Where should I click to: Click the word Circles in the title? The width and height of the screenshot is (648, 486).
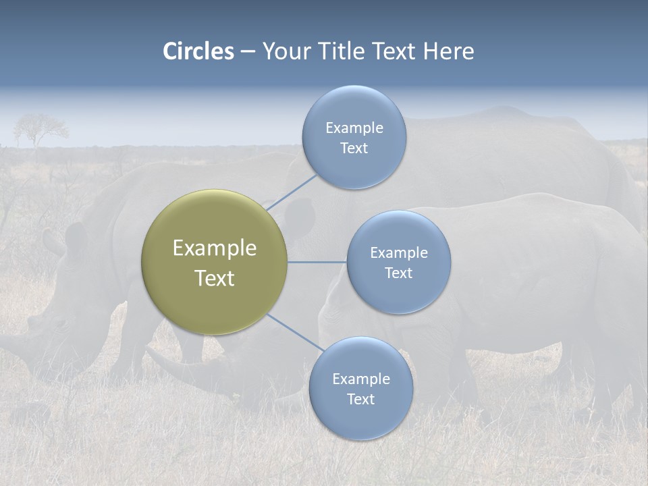coord(198,51)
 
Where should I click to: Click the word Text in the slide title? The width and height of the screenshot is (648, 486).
coord(396,51)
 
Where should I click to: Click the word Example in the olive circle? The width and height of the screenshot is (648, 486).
coord(215,248)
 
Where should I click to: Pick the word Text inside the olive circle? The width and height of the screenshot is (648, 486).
coord(215,278)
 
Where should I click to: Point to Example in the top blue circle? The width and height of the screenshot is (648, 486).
coord(354,128)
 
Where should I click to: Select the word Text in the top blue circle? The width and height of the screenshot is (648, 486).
coord(354,148)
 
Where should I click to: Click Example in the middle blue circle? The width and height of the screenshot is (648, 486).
coord(398,252)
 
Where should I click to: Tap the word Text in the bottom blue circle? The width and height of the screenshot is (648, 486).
coord(360,399)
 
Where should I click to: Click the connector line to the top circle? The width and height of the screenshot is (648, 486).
coord(292,191)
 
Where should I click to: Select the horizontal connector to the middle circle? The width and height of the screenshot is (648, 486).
coord(317,262)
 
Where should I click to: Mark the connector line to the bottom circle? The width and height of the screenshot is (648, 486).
coord(296,332)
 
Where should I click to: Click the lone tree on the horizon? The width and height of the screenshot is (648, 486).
coord(40,128)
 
